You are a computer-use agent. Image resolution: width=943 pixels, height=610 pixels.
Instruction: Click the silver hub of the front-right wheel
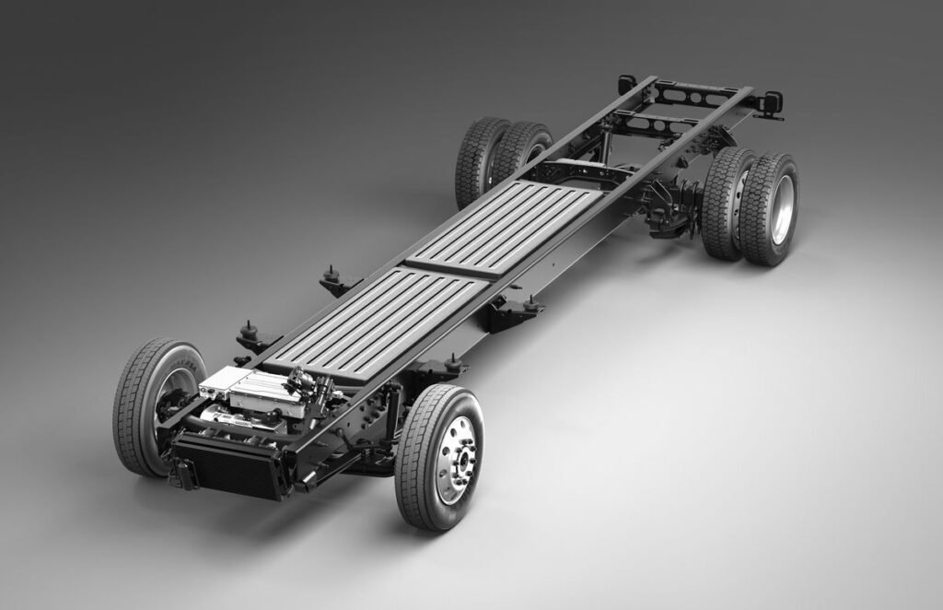pos(456,458)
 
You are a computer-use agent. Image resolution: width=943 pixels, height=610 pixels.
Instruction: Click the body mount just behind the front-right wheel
pos(453,363)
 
